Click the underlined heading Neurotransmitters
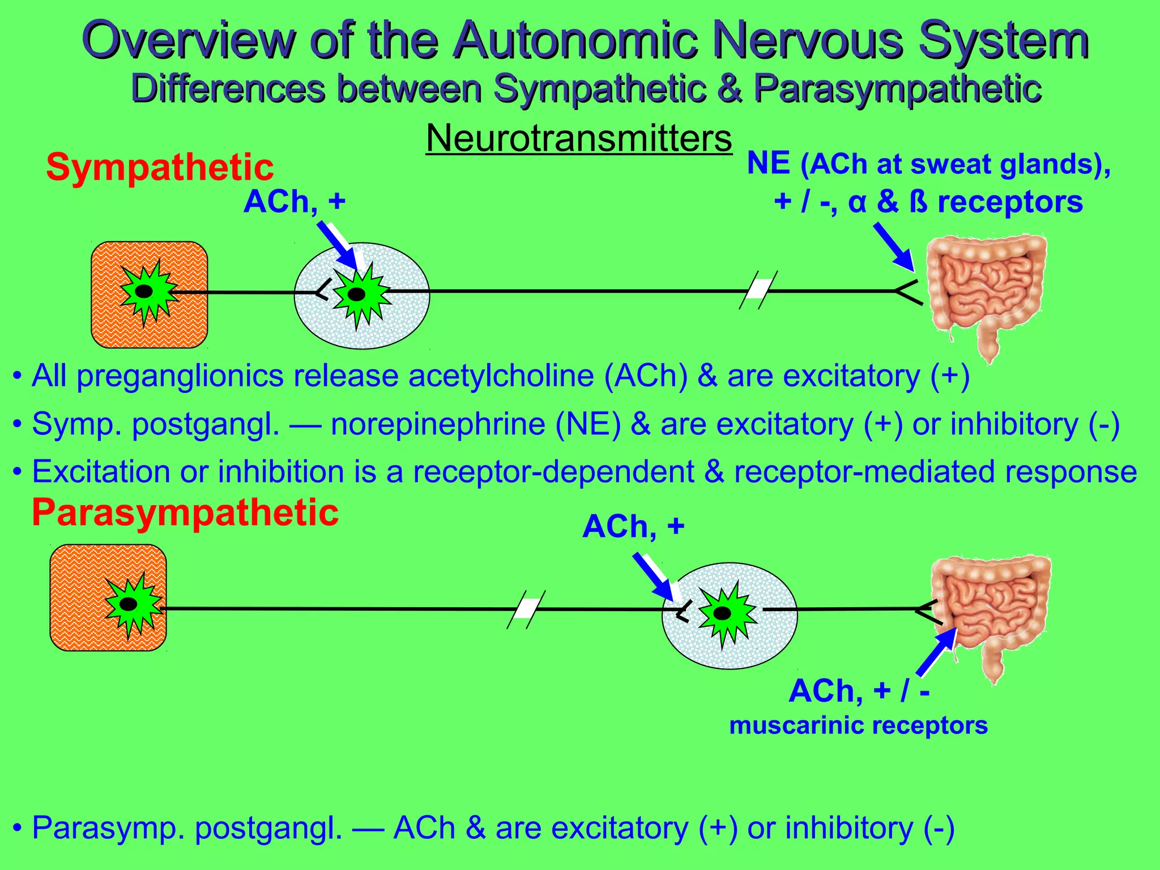pyautogui.click(x=578, y=138)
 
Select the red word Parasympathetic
pyautogui.click(x=185, y=512)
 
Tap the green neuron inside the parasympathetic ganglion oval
pyautogui.click(x=726, y=613)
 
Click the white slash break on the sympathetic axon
pyautogui.click(x=758, y=290)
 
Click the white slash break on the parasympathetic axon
pyautogui.click(x=526, y=609)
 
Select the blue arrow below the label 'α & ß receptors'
pyautogui.click(x=893, y=246)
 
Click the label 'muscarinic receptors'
pyautogui.click(x=858, y=726)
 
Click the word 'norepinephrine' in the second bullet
pyautogui.click(x=438, y=424)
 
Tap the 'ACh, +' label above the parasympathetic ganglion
pyautogui.click(x=633, y=527)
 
